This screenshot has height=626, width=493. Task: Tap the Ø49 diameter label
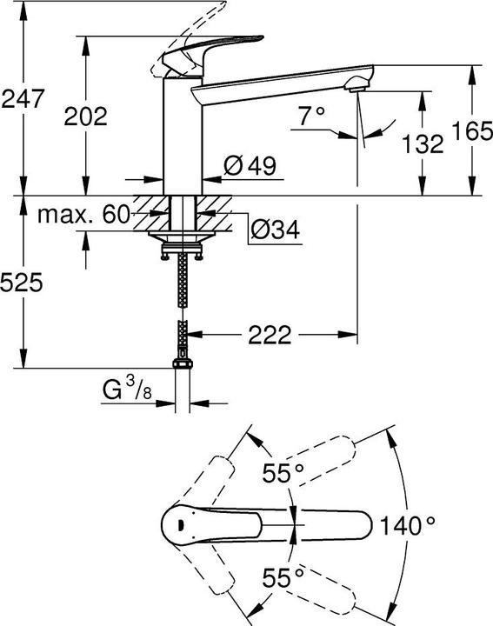coord(250,165)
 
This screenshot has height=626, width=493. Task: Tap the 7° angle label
coord(310,116)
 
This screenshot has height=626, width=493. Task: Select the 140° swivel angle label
coord(407,525)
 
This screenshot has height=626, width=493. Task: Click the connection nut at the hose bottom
coord(182,366)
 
